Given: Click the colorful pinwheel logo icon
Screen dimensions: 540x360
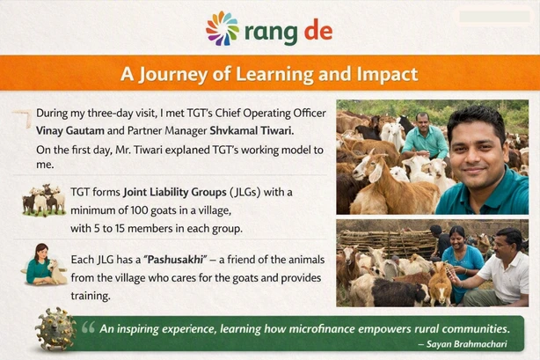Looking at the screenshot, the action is [223, 28].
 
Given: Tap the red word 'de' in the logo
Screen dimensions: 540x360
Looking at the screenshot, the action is [318, 30].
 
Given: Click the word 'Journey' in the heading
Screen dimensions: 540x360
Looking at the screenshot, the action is [173, 75].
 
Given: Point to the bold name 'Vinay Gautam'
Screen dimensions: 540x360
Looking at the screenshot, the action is [69, 130].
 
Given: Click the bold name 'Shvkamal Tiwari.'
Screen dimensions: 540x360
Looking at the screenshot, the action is [252, 130].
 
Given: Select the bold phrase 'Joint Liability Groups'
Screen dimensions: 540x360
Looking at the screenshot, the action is [175, 192].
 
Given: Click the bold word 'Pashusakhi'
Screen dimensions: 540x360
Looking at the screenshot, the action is [176, 260].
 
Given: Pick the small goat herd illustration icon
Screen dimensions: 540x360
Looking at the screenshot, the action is [44, 201].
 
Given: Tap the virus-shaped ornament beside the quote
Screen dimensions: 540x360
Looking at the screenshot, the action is [55, 329].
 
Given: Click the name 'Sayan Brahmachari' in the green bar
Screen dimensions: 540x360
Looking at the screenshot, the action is [467, 344].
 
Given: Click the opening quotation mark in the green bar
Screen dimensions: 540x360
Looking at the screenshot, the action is [88, 327].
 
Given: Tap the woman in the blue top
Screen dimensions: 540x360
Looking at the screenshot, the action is [461, 261].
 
